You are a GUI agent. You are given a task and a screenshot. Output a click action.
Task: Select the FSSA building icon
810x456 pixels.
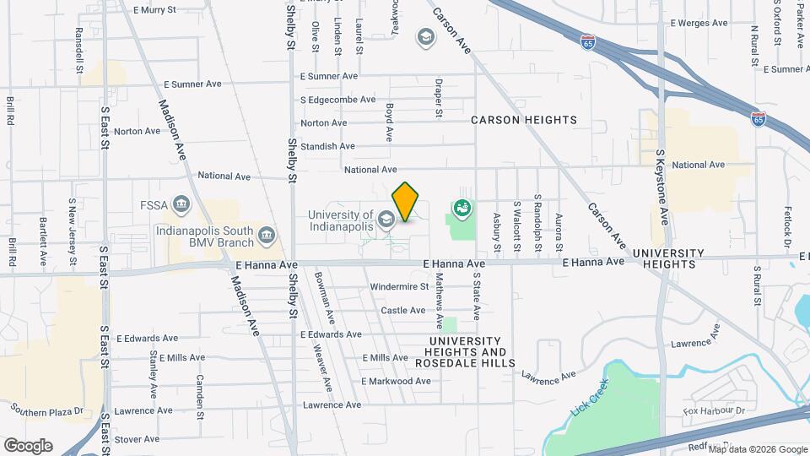click(x=181, y=204)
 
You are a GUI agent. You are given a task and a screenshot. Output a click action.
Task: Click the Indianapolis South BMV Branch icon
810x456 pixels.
click(x=267, y=234)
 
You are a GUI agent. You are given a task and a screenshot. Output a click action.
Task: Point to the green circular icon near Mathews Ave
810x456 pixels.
click(x=462, y=206)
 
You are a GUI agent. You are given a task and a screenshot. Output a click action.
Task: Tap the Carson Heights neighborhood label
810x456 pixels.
click(x=523, y=120)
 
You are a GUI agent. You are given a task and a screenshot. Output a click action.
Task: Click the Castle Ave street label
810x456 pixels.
click(x=403, y=311)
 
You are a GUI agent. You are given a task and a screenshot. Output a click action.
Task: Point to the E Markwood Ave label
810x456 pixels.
click(x=396, y=381)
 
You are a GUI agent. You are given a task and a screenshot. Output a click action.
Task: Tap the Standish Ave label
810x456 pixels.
click(x=327, y=146)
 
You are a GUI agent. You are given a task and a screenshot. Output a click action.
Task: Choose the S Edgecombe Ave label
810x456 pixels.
click(x=337, y=100)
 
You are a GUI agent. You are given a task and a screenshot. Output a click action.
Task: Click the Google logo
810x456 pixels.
click(x=28, y=445)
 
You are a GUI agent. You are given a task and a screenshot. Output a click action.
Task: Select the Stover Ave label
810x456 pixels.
click(x=137, y=439)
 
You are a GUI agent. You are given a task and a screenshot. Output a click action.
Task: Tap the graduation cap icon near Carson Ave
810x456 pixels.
click(x=426, y=36)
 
